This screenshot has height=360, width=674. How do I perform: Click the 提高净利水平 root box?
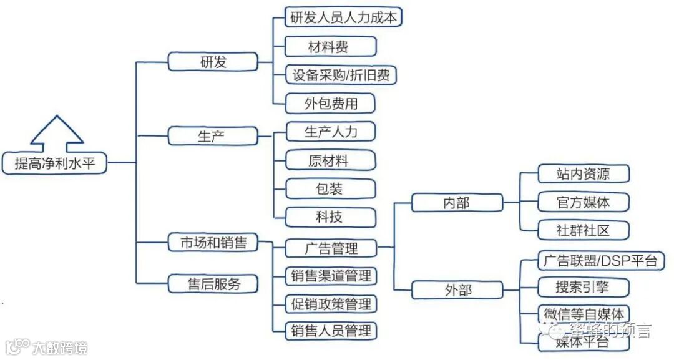pos(61,163)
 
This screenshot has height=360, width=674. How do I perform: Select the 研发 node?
pos(213,62)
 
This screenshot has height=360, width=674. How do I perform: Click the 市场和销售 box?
pos(213,243)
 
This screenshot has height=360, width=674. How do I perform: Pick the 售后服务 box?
pos(213,284)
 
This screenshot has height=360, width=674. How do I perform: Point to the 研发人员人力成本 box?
pos(343,17)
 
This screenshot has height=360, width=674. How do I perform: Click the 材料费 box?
pos(330,47)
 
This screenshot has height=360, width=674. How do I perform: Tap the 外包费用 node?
pos(330,104)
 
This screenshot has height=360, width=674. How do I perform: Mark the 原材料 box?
pos(330,160)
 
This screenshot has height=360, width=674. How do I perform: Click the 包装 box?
pos(330,188)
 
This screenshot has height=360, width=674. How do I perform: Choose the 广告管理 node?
pos(331,248)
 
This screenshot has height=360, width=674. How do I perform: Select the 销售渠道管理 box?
pos(331,275)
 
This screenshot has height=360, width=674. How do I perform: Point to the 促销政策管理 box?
pos(331,304)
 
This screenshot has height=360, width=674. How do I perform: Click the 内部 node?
pos(457,203)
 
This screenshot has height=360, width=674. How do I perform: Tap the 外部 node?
pos(457,290)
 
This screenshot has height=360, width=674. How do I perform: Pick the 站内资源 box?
pos(583,174)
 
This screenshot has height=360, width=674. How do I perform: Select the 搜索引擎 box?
pos(583,287)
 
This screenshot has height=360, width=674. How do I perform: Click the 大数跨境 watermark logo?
pos(46,347)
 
